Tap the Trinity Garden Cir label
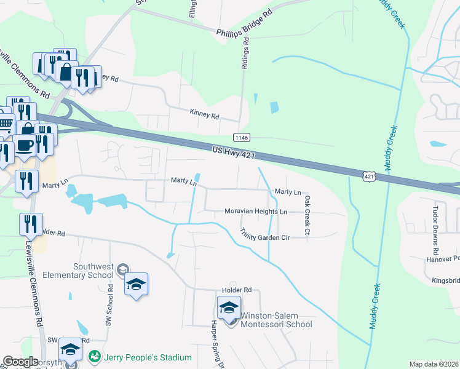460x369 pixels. point(264,234)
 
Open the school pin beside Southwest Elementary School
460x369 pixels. point(137,284)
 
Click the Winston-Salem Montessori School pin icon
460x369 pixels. point(229,307)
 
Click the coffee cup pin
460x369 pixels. point(25,146)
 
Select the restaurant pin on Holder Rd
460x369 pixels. point(31,224)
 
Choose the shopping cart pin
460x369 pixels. point(4,125)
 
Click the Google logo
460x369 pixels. point(20,362)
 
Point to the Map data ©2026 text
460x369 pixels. point(433,364)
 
